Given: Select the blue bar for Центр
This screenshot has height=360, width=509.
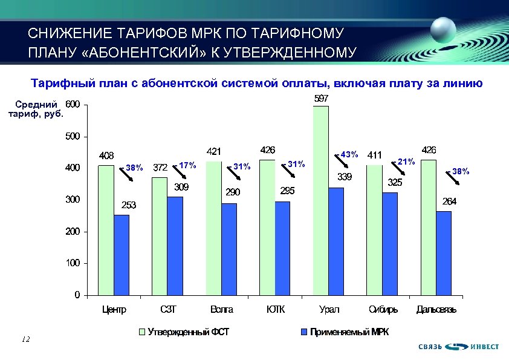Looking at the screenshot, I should [x=122, y=255].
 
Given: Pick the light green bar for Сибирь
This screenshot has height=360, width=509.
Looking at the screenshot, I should [x=374, y=230].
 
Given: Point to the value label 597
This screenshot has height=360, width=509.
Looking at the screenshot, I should [x=321, y=98].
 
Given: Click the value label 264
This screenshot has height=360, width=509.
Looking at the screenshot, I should [x=449, y=201].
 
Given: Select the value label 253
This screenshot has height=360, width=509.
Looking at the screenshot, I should [x=128, y=205].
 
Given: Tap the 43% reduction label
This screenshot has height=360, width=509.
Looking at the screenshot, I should [x=349, y=154].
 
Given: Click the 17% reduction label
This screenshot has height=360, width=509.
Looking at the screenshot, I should [x=188, y=165].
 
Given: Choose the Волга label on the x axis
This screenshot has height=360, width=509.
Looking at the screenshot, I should [x=221, y=310].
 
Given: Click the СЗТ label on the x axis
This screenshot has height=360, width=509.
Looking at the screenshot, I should [x=167, y=310].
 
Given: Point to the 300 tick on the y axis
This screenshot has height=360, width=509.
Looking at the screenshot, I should [x=72, y=200].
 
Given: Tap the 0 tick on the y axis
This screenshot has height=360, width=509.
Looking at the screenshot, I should [x=77, y=295].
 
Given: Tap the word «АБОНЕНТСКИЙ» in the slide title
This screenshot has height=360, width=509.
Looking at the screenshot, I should [x=146, y=52].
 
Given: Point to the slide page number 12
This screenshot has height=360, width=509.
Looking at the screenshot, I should [x=25, y=339].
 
